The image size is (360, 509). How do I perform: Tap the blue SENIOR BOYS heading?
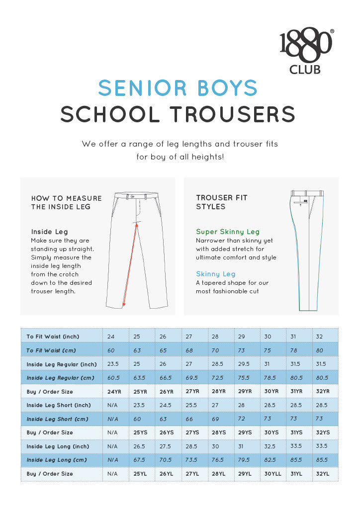(x=178, y=88)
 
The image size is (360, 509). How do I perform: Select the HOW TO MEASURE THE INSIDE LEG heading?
(x=66, y=202)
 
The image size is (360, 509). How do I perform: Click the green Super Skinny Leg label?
(x=228, y=232)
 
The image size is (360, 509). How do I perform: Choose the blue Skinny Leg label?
(x=216, y=274)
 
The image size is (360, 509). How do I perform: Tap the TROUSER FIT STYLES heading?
(x=222, y=202)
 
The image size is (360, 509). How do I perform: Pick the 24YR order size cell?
(x=114, y=391)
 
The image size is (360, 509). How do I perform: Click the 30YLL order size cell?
(x=272, y=474)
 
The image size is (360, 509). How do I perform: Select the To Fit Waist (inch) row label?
(x=53, y=337)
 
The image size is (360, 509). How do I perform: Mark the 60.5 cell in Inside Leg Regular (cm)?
(x=114, y=378)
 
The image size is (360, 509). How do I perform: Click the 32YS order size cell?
(x=323, y=432)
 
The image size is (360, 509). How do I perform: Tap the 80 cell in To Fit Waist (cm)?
(x=319, y=350)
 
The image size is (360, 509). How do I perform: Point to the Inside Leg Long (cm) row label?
(x=57, y=460)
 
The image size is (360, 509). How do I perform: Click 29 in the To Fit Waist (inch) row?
(x=242, y=337)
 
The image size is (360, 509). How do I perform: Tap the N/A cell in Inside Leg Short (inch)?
(x=112, y=405)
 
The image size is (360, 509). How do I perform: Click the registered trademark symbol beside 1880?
(x=332, y=31)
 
